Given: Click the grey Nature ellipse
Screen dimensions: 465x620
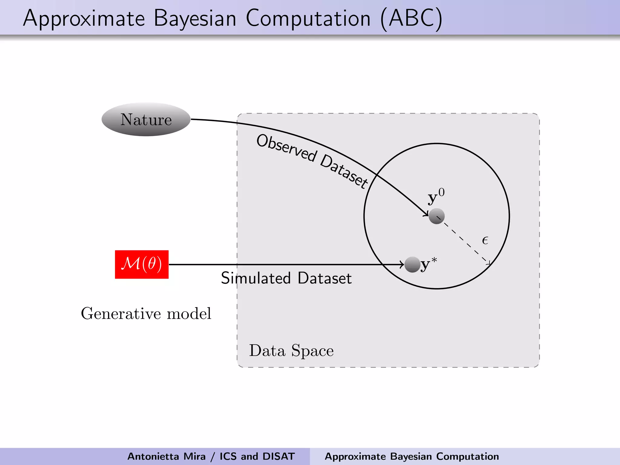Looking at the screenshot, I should point(146,119).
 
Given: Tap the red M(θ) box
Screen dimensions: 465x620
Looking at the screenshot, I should point(142,264).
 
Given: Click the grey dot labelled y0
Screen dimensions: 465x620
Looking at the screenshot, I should point(437,216).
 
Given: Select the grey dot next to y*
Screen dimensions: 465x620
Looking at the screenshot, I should point(412,265).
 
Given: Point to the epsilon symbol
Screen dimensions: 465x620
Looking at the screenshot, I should point(485,241).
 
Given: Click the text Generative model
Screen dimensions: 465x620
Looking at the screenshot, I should point(146,313).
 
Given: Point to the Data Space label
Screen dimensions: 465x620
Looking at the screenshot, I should point(291,351).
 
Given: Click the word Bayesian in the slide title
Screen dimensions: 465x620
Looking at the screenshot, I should point(195,19).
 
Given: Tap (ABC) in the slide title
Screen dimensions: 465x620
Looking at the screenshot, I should point(411,19).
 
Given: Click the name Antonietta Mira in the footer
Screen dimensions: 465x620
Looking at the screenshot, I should point(167,456).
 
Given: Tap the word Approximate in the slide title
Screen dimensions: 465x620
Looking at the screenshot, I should point(84,19).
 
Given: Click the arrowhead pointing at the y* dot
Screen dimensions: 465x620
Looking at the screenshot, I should point(402,265).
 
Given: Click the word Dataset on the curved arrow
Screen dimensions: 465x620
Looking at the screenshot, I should point(344,171).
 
